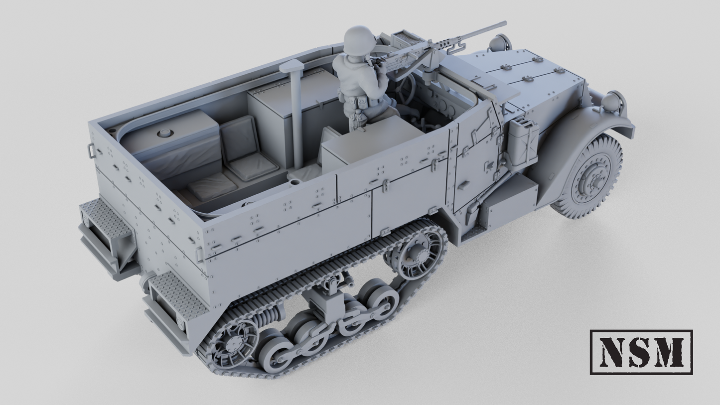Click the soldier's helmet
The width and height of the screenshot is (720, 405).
tap(358, 38)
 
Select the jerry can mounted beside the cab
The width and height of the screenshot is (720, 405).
tap(522, 142)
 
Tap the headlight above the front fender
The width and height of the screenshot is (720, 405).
tap(612, 102)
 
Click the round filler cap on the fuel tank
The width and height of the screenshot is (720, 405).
tap(163, 133)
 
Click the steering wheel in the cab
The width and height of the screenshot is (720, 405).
tap(406, 90)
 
